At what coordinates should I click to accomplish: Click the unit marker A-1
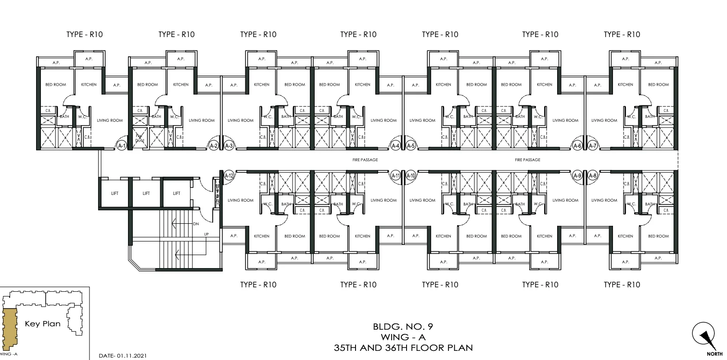pyautogui.click(x=122, y=145)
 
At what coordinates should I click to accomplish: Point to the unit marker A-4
pyautogui.click(x=395, y=145)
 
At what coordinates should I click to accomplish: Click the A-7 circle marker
pyautogui.click(x=592, y=145)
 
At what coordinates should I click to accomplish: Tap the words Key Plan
pyautogui.click(x=43, y=324)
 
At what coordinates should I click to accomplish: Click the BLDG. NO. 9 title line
pyautogui.click(x=403, y=327)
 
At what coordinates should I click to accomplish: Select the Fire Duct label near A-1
pyautogui.click(x=139, y=138)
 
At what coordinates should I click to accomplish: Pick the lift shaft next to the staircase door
pyautogui.click(x=177, y=193)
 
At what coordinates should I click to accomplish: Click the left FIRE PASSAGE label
pyautogui.click(x=365, y=160)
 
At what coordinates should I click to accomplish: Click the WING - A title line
pyautogui.click(x=403, y=337)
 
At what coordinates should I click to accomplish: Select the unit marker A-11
pyautogui.click(x=395, y=176)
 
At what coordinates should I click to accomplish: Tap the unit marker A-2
pyautogui.click(x=214, y=145)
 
